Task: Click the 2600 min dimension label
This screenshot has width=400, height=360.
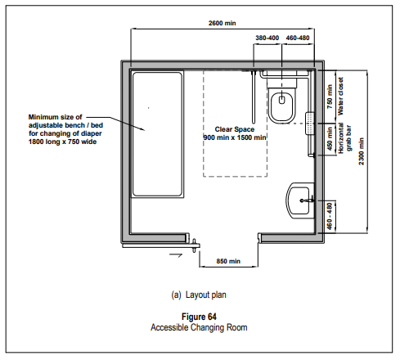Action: [x=222, y=23]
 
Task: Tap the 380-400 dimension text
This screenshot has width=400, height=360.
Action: [x=267, y=38]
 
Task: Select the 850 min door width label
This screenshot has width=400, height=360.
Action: [x=228, y=261]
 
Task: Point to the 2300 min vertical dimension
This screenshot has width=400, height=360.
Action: [x=362, y=151]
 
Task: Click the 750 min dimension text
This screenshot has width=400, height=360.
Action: [x=330, y=97]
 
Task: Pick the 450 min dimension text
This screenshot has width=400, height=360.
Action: [x=330, y=138]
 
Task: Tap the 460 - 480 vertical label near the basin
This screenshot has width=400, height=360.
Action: [x=330, y=216]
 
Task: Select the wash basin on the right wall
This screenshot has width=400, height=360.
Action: [x=299, y=200]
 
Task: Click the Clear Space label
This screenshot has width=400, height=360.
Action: [x=235, y=129]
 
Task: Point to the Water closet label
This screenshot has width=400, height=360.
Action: [x=340, y=96]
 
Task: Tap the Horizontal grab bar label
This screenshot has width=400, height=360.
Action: [x=344, y=138]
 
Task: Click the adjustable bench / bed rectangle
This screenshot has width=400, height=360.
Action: [x=158, y=134]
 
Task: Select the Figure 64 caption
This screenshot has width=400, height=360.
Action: [x=199, y=317]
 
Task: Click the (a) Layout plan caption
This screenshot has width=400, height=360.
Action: [x=199, y=295]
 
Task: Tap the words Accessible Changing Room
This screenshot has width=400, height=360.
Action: [x=199, y=327]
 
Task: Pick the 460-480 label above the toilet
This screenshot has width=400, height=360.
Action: [x=298, y=38]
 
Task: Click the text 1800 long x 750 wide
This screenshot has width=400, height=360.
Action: [x=62, y=142]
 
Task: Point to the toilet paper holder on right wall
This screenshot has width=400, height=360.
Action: [x=309, y=124]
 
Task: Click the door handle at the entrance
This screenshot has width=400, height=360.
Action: [x=195, y=245]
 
